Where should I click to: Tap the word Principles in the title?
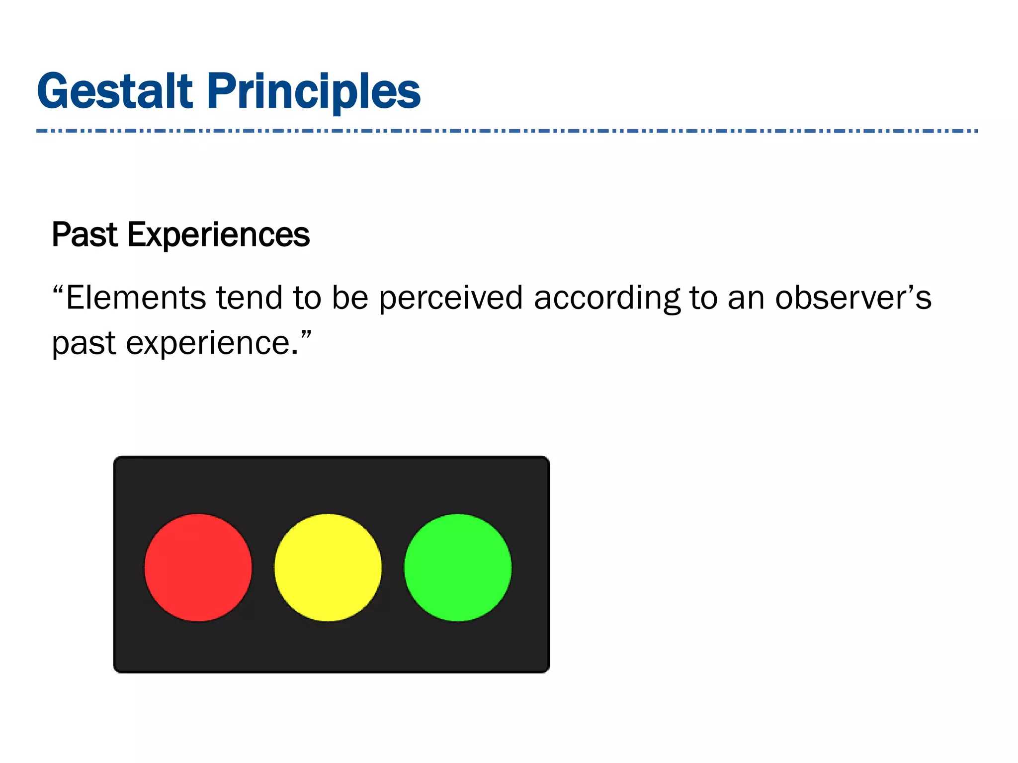pos(314,92)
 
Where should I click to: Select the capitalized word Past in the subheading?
pos(85,234)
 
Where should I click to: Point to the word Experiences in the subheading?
pos(219,235)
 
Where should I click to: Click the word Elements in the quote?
pos(136,298)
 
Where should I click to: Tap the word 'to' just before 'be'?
pos(307,298)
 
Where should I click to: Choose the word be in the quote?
pos(350,298)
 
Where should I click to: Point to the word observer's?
pos(853,298)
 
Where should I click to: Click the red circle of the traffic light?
pos(198,567)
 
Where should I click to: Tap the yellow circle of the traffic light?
pos(328,567)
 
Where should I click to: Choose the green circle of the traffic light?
pos(458,567)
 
